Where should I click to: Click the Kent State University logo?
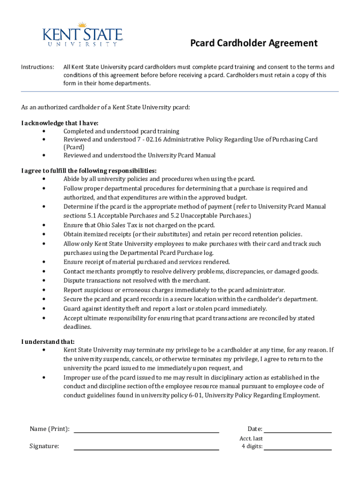click(x=82, y=35)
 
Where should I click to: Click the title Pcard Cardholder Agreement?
click(x=253, y=44)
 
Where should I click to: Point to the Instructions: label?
click(x=37, y=67)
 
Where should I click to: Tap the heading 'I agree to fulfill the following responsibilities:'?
click(x=89, y=170)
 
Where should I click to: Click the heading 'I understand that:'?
click(x=48, y=341)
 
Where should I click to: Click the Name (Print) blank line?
click(x=146, y=431)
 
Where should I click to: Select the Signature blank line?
click(x=146, y=448)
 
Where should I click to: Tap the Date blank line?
click(x=297, y=431)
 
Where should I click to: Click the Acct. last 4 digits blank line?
click(x=297, y=448)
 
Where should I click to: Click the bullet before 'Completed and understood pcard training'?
click(x=43, y=131)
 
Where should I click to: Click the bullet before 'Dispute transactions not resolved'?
click(x=43, y=281)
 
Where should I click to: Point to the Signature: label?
click(x=44, y=446)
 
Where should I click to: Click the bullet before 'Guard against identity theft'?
click(x=43, y=309)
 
